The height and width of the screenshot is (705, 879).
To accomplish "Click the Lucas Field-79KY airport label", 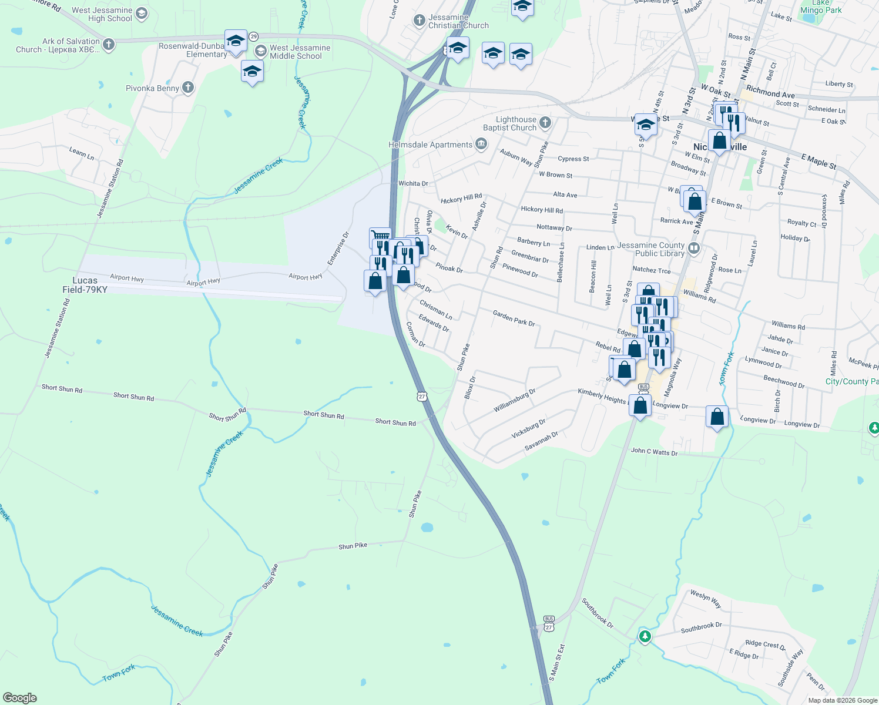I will (85, 285).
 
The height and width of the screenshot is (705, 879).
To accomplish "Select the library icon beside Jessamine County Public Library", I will (694, 248).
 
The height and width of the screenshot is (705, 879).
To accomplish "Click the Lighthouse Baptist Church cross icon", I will (545, 122).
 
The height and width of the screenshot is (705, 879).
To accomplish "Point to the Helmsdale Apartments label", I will (431, 145).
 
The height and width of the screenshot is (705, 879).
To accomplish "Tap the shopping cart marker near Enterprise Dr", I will (380, 236).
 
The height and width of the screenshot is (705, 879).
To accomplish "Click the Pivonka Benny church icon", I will (188, 88).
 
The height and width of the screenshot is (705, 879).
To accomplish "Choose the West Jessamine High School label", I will (102, 14).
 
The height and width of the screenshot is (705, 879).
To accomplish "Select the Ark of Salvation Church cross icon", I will (108, 44).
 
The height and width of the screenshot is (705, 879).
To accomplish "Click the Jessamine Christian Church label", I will (458, 21).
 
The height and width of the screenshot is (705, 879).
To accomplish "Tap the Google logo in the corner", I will (19, 698).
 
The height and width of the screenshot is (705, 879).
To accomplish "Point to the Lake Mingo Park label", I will (821, 7).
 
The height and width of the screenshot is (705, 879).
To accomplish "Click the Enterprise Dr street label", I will (339, 248).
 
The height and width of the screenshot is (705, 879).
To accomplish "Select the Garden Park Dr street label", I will (514, 318).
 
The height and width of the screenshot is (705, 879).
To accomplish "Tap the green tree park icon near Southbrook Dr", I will (645, 636).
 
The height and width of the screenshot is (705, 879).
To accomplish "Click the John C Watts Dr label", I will (654, 451).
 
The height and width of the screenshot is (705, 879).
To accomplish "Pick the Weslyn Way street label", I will (706, 598).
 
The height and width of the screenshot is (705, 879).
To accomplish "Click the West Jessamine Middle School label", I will (300, 52).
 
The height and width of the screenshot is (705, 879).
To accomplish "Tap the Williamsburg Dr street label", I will (514, 399).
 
